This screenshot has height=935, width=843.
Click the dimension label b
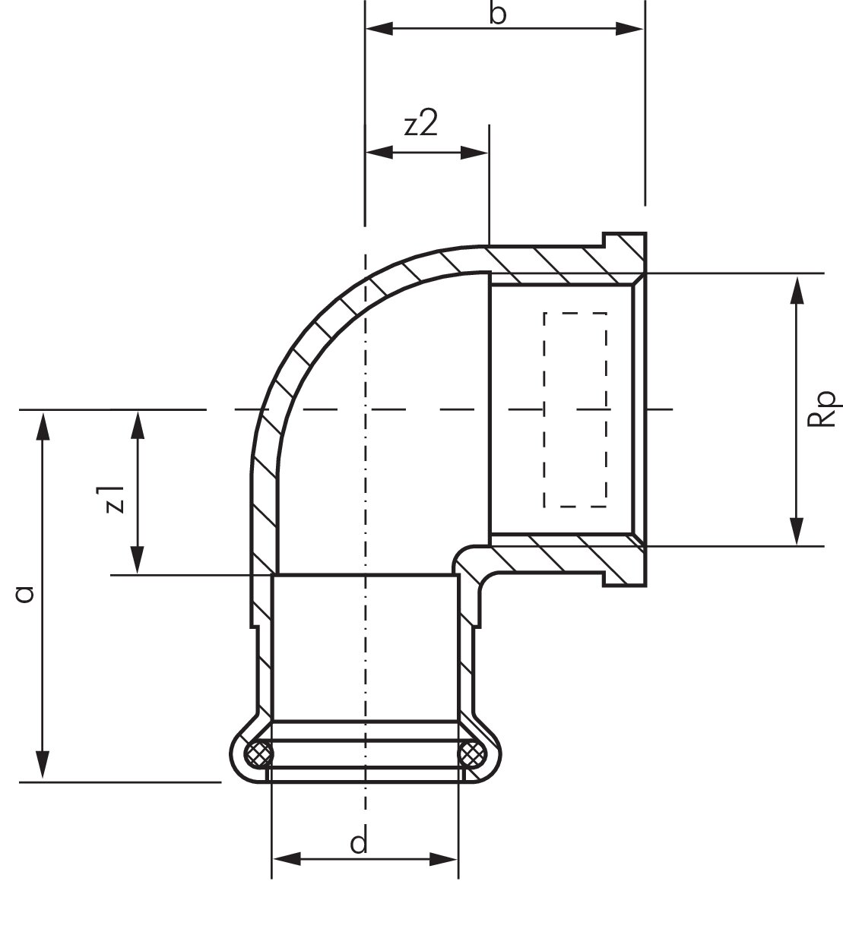(497, 14)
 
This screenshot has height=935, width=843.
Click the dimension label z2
(421, 125)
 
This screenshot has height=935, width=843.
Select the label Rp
(826, 409)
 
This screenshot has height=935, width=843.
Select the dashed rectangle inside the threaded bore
(575, 409)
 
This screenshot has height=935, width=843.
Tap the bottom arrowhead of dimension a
(43, 766)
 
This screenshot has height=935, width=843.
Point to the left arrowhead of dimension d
(285, 860)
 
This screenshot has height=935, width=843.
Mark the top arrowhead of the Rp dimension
(796, 289)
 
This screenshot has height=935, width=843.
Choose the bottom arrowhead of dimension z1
(138, 561)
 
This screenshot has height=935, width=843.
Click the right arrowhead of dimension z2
(474, 153)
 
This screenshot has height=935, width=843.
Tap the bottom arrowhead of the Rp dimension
(796, 531)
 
